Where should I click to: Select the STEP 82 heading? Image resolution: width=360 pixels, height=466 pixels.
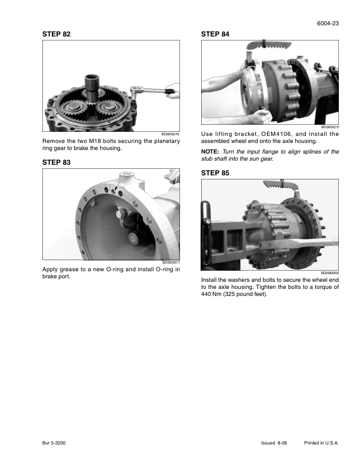pos(57,35)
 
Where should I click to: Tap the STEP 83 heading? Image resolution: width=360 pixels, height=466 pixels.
pos(57,161)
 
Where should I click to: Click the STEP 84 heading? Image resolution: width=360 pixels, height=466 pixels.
pos(215,35)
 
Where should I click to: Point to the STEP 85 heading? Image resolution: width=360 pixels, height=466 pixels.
pos(215,173)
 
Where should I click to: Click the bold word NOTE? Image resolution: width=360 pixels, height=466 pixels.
pos(211,151)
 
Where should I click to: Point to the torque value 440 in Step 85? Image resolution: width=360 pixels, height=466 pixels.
pos(207,295)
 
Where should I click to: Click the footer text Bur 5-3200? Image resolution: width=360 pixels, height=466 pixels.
pos(54,442)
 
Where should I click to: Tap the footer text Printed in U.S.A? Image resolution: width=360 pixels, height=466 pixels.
pos(322,442)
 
